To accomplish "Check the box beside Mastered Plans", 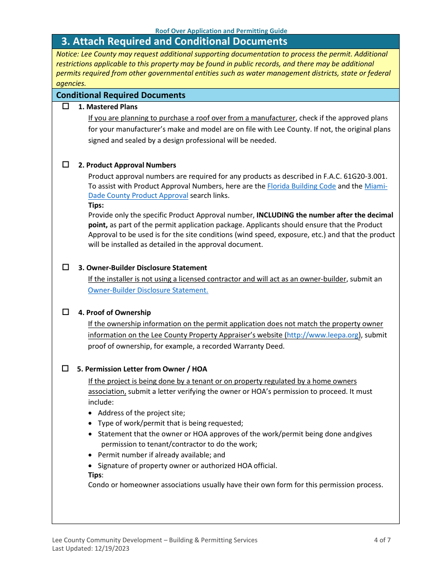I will coord(66,106).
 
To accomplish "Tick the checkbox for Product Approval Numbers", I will coord(66,165).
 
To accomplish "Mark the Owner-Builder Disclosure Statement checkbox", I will coord(66,267).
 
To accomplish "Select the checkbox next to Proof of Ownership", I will coord(66,312).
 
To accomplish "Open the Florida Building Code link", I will coord(301,186).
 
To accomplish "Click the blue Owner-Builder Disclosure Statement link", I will coord(148,290).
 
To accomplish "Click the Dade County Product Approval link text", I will coord(138,196).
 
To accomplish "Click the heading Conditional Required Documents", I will coord(121,95).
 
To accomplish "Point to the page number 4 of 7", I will coord(382,540).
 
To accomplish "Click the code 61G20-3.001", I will coord(365,176).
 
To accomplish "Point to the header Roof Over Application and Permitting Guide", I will coord(221,31).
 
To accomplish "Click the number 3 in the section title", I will coord(64,42).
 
